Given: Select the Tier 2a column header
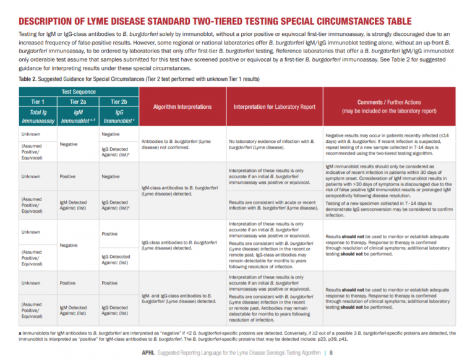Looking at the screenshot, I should pos(79,101).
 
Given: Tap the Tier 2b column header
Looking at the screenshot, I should pos(118,101).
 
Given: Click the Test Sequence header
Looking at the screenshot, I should pos(79,91).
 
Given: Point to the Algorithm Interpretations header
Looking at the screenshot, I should pos(178,106).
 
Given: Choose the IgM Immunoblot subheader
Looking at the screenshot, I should pos(79,118).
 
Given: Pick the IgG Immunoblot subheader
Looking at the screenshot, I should pos(118,118).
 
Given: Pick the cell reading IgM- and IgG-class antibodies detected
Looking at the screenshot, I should pos(178,298).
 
